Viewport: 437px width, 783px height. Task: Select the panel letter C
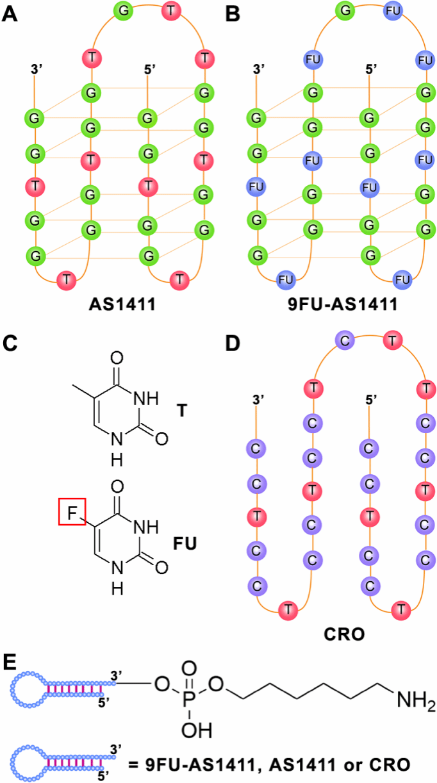[11, 344]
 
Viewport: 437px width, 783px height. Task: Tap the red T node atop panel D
[392, 341]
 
